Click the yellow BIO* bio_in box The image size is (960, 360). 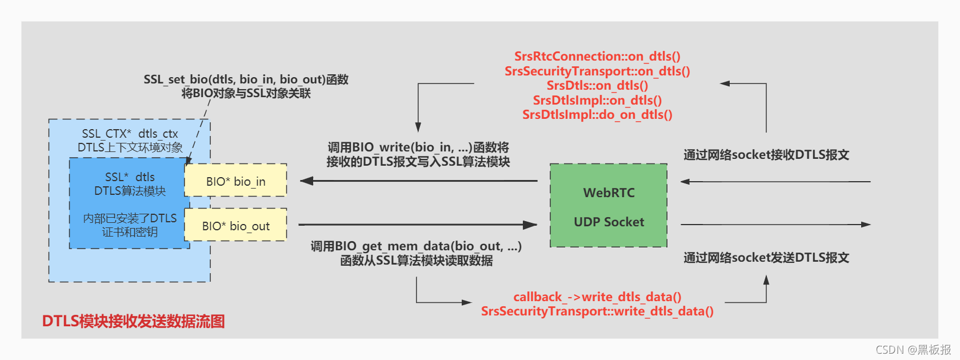point(235,181)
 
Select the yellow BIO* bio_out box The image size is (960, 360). point(235,226)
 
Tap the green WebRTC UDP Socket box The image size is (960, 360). point(609,206)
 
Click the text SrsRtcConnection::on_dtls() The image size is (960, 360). point(597,56)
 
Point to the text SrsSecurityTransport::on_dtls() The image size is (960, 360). point(597,71)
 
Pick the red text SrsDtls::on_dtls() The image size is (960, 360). point(597,85)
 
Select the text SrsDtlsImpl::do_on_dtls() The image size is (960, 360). point(597,114)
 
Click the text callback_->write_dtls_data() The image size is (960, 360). point(597,297)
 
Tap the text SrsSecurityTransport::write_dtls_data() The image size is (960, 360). point(597,311)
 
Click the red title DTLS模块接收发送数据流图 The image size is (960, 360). point(133,321)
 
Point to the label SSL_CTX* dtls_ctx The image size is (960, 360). point(130,134)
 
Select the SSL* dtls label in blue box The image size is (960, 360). point(130,177)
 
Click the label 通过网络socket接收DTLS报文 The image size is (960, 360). point(766,154)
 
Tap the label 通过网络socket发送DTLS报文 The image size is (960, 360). point(766,258)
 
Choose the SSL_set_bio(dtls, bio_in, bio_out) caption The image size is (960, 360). point(246,79)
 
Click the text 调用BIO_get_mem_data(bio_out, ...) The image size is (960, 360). point(416,246)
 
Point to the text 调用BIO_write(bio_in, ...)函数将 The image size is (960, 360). point(418,147)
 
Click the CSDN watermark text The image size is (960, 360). point(913,350)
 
